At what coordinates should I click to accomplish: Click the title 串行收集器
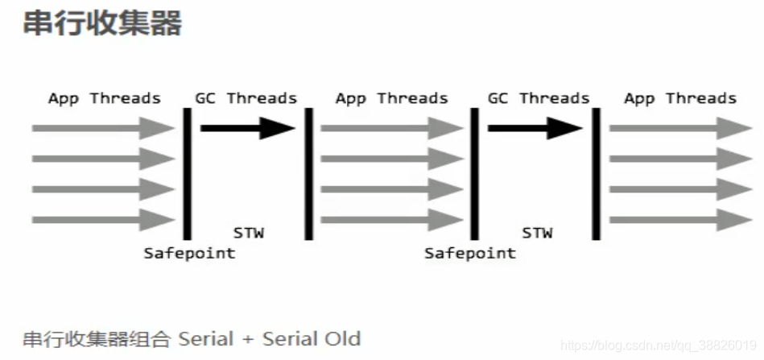coord(102,23)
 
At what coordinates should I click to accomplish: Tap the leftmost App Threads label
coord(104,98)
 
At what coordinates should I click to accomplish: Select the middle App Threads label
coord(391,98)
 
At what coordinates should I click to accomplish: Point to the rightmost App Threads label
coord(679,98)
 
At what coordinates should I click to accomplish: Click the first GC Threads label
coord(246,98)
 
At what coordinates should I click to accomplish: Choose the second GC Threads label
coord(539,98)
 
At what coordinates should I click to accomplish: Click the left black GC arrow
coord(248,127)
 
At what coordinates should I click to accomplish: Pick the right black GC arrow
coord(535,127)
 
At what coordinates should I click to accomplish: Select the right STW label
coord(537,233)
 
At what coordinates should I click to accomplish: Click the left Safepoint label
coord(189,253)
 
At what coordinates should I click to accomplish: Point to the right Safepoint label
coord(470,253)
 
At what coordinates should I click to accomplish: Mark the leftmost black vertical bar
coord(187,173)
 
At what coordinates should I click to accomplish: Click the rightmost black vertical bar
coord(597,173)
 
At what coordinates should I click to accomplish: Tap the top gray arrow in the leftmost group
coord(103,128)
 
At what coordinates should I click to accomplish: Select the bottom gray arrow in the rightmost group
coord(680,219)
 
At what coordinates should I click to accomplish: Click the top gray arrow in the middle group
coord(392,128)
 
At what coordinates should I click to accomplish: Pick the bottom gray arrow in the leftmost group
coord(103,219)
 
